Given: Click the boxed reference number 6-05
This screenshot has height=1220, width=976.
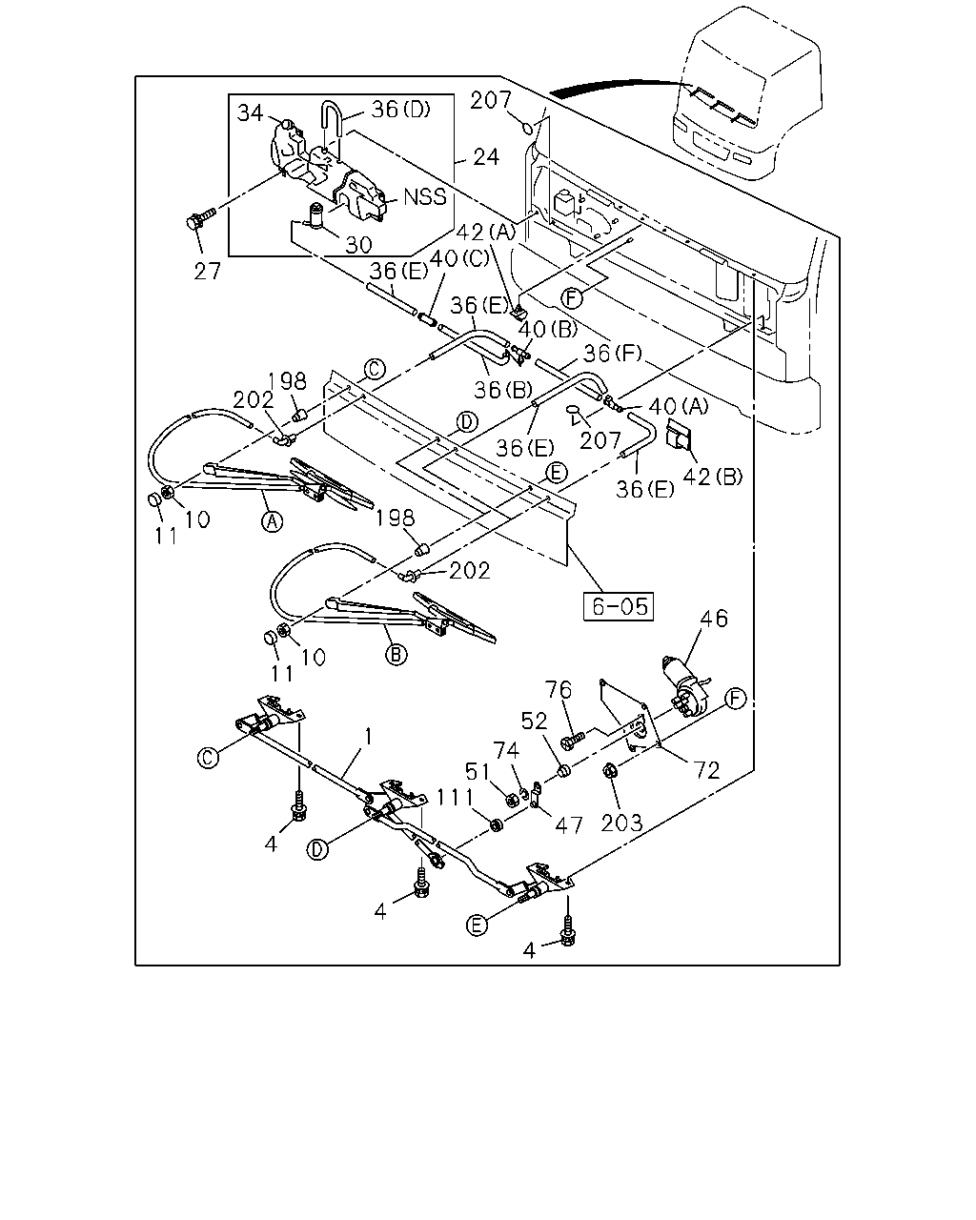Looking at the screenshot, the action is [619, 606].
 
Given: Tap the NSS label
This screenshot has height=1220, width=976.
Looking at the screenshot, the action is [425, 196].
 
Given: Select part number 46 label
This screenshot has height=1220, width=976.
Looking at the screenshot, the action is [714, 618].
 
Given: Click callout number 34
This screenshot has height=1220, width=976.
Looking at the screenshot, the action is [250, 112].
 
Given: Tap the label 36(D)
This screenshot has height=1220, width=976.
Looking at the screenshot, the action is [401, 109].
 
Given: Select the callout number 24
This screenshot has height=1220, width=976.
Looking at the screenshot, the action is [485, 157].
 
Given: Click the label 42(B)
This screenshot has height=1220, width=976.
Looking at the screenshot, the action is [712, 477].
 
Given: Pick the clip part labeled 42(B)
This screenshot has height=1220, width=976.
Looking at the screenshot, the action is [679, 434].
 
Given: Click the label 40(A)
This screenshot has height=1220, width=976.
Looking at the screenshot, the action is [679, 406].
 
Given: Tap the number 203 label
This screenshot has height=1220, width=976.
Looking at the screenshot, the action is [622, 823].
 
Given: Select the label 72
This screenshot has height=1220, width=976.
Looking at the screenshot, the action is [706, 770].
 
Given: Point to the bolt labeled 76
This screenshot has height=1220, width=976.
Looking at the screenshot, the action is [572, 741].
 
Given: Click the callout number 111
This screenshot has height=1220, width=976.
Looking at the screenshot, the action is [455, 798].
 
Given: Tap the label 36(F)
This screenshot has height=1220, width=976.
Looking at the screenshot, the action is [613, 354].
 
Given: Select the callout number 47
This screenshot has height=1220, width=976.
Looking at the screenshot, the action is [569, 824].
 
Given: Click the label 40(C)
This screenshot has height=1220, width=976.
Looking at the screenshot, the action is [459, 258].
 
